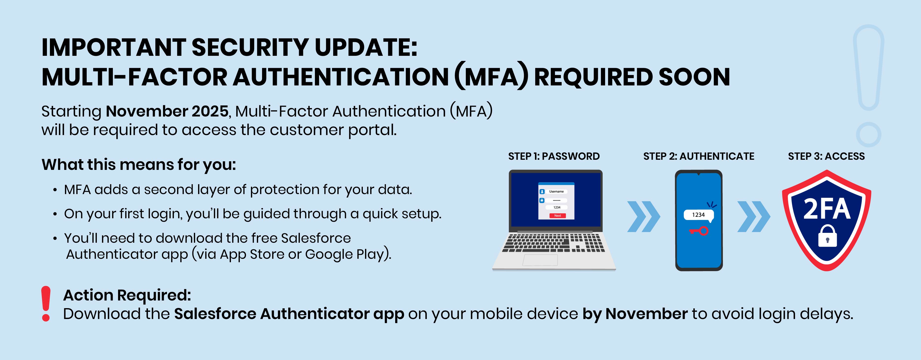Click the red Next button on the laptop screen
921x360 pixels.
(x=557, y=216)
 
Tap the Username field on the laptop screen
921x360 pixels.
(x=556, y=192)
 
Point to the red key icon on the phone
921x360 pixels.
(x=699, y=231)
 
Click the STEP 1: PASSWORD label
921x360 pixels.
(x=554, y=156)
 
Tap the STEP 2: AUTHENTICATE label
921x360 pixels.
(x=699, y=156)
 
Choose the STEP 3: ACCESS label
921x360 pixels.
(x=826, y=156)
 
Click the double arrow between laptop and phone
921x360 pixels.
(x=644, y=217)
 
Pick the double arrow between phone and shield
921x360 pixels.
(x=754, y=217)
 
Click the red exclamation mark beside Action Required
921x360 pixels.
(x=46, y=303)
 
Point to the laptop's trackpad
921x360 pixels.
(x=540, y=260)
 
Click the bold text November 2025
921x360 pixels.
(x=167, y=111)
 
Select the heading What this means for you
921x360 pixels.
(x=139, y=165)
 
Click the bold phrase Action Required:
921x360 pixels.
(x=127, y=295)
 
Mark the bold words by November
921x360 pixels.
(x=635, y=314)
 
